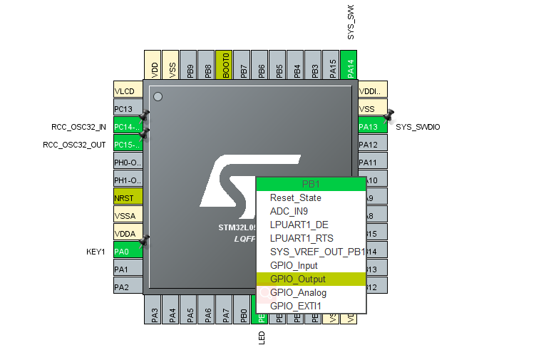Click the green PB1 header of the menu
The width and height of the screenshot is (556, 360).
coord(311,184)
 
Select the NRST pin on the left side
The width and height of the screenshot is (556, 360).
coord(128,197)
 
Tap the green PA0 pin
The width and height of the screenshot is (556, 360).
coord(128,251)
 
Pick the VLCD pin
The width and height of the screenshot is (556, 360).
coord(128,91)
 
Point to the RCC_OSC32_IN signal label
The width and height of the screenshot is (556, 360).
coord(79,127)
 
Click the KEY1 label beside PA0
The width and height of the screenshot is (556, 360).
coord(96,251)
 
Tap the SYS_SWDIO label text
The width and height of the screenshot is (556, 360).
coord(418,127)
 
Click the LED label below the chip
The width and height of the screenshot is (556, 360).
coord(262,337)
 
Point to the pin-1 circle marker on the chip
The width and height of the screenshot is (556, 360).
coord(158,96)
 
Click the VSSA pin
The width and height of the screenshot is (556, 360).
coord(128,215)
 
